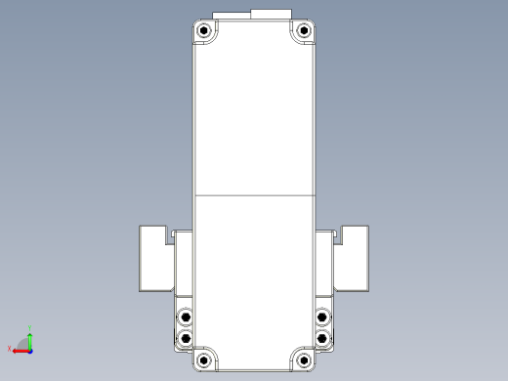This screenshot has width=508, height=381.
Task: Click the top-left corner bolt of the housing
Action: (x=204, y=32)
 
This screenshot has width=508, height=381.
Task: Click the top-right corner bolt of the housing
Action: (x=304, y=32)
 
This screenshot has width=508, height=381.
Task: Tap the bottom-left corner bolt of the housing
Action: (x=204, y=360)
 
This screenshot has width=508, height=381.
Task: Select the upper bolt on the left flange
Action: (x=186, y=317)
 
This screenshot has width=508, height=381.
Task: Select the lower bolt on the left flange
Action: (x=186, y=338)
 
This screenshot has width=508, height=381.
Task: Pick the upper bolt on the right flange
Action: (x=323, y=317)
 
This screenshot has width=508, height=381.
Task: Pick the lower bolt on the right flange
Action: (x=323, y=338)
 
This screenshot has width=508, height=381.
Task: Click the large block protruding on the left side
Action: (x=152, y=258)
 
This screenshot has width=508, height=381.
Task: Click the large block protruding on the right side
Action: (x=355, y=258)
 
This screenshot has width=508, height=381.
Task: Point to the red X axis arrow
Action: (x=20, y=350)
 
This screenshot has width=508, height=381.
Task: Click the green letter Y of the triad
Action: (x=31, y=327)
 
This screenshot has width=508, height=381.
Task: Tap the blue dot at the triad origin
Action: (x=30, y=349)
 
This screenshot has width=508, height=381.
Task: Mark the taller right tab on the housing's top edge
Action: (x=273, y=14)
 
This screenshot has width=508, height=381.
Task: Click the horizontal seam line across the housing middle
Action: (x=254, y=195)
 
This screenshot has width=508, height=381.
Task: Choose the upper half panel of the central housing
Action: (x=254, y=117)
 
